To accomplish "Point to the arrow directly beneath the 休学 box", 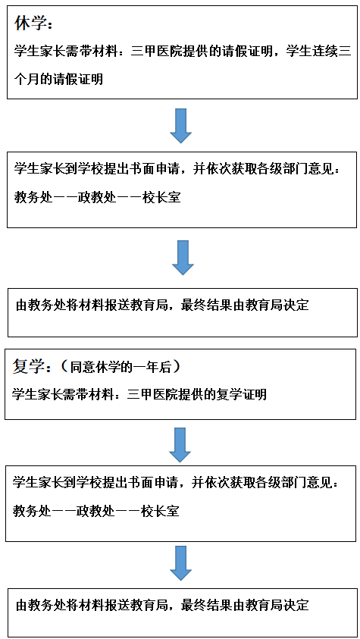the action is click(x=180, y=126).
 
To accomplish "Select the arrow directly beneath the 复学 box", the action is click(x=180, y=445).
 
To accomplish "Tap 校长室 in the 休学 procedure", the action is click(x=161, y=198).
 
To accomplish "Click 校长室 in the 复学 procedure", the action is click(x=159, y=510).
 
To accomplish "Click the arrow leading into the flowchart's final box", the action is click(x=180, y=563).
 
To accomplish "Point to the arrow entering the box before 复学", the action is click(x=183, y=258).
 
